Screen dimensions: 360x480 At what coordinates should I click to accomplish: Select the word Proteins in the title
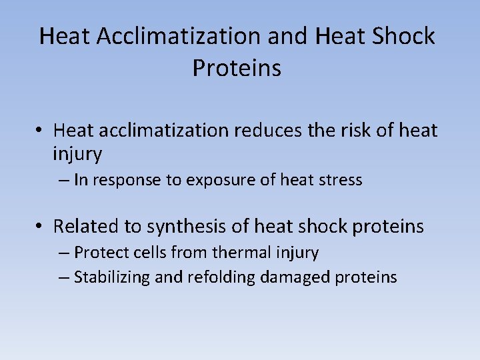click(x=237, y=68)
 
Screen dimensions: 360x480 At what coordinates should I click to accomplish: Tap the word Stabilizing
click(x=112, y=277)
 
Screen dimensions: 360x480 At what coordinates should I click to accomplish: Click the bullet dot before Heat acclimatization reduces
click(x=41, y=131)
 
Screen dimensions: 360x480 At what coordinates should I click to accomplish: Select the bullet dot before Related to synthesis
click(x=41, y=227)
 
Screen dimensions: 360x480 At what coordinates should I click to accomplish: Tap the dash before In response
click(x=64, y=180)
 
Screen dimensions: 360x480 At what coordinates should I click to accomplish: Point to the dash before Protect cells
click(x=64, y=253)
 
